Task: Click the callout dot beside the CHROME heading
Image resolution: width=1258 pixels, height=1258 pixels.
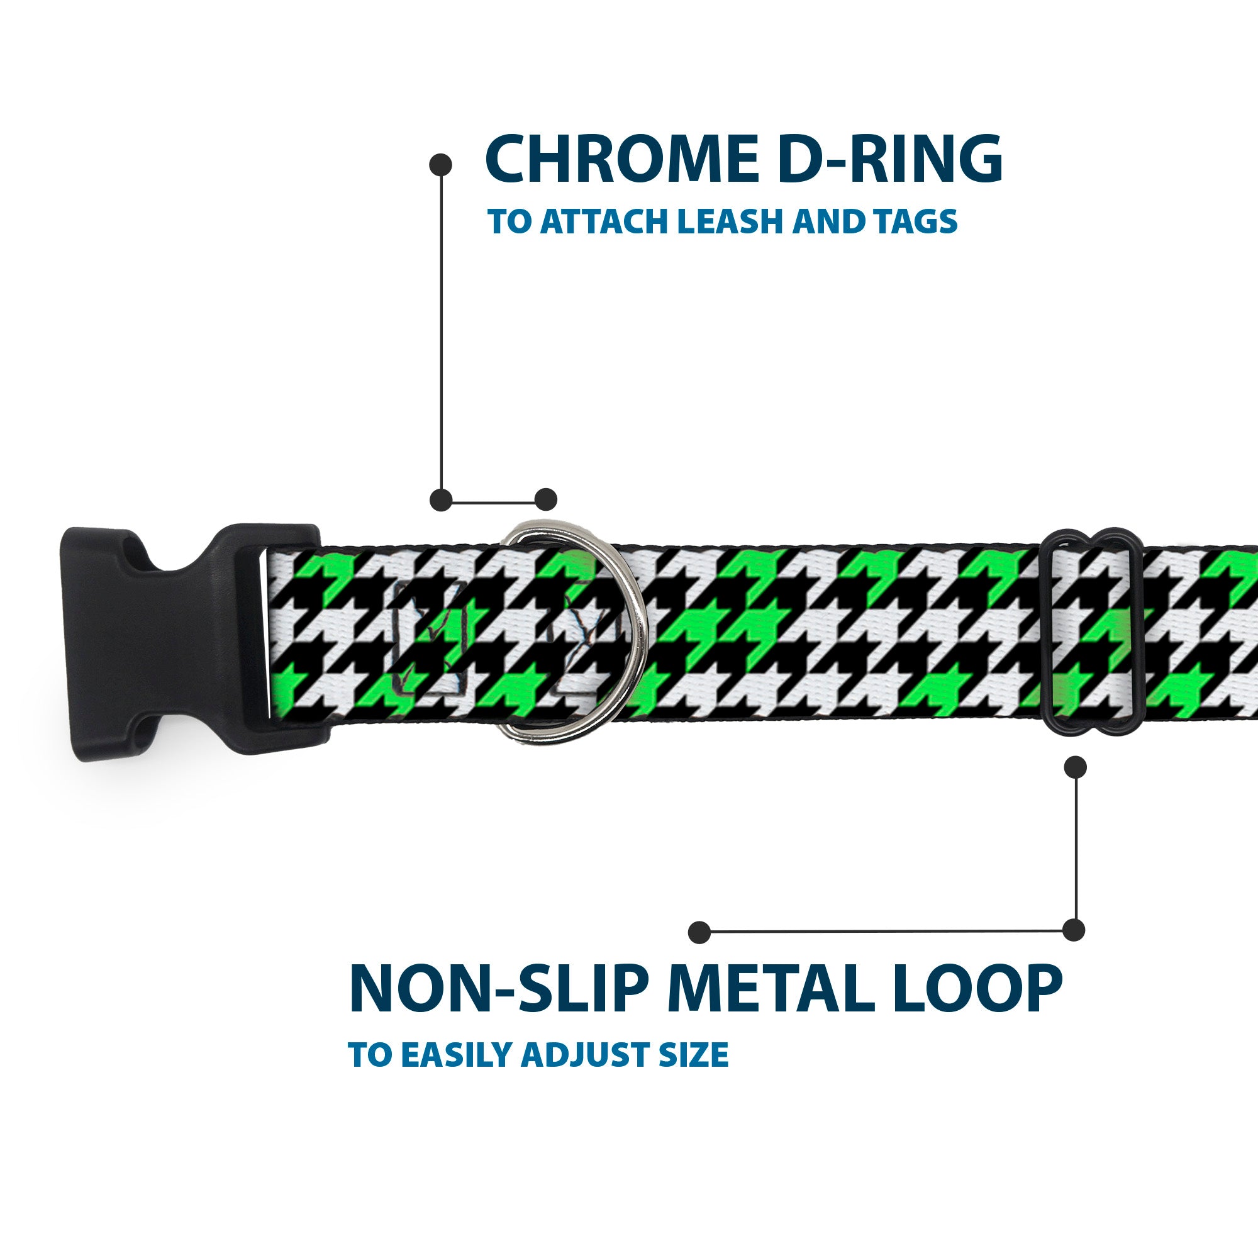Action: pos(441,165)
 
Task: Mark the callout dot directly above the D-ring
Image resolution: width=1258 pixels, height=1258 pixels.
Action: pos(545,499)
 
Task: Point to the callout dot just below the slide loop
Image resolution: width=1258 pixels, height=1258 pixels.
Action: pos(1075,767)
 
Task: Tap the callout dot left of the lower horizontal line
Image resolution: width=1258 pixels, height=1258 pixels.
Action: pos(699,932)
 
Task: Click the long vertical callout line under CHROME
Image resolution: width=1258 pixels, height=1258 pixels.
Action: pos(442,332)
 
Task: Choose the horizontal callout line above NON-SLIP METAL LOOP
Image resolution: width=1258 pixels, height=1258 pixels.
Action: pos(886,932)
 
